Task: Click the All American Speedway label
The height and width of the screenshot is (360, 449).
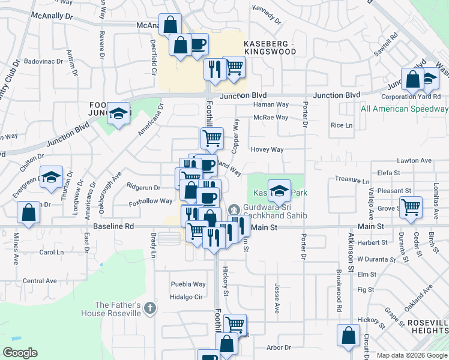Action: tap(404, 109)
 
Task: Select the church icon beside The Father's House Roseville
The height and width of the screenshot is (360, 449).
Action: tap(150, 309)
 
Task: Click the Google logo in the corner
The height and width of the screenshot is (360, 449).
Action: tap(20, 353)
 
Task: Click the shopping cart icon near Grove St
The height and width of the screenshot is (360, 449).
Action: tap(411, 208)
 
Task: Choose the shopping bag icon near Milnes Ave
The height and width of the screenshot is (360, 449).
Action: tap(28, 212)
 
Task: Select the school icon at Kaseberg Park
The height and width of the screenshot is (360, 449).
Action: tap(279, 191)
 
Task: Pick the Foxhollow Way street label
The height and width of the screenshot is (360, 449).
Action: tap(150, 201)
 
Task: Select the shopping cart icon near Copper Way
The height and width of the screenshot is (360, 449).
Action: tap(212, 139)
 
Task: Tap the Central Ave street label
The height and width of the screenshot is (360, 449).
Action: tap(40, 280)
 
